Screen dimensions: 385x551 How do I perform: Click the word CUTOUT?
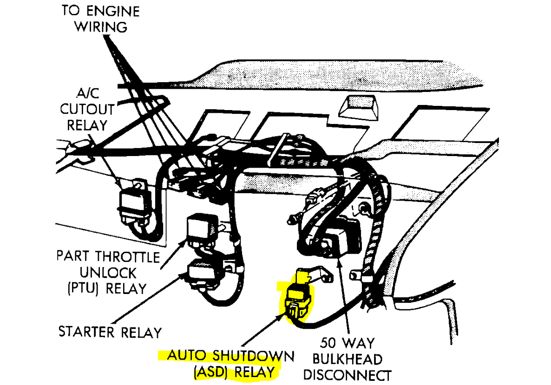click(88, 110)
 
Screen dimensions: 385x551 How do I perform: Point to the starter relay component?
click(204, 272)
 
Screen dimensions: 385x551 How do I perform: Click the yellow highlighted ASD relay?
click(297, 298)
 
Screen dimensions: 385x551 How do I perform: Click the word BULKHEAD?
click(347, 359)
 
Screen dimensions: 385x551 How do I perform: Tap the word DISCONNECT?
click(350, 375)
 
